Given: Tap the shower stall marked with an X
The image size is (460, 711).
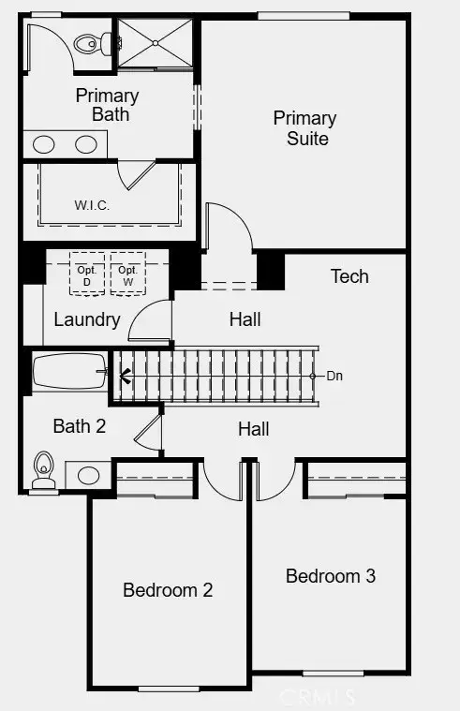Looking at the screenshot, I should pos(157,43).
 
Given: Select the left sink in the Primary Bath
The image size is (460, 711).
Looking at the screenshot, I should pos(43,144).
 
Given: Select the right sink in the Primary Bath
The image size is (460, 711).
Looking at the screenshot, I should pos(86,144).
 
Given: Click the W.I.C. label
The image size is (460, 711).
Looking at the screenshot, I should pos(92,205).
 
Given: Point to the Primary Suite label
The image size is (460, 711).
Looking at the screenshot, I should pos(304,128).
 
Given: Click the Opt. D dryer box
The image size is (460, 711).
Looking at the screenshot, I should pos(88,274).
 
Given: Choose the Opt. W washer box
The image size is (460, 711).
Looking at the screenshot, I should pos(127,274).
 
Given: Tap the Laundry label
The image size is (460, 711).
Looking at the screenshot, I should pos(86,319).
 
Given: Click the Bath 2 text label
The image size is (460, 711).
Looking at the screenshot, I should pos(80,427).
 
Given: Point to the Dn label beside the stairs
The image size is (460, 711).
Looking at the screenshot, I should pos(334,376).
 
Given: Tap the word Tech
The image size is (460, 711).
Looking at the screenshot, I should pos(349,276).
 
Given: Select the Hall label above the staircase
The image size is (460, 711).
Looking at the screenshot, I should pos(245,319).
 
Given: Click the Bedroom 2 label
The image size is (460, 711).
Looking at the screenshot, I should pos(168,590).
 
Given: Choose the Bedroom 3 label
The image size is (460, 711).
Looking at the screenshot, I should pos(331,576).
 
